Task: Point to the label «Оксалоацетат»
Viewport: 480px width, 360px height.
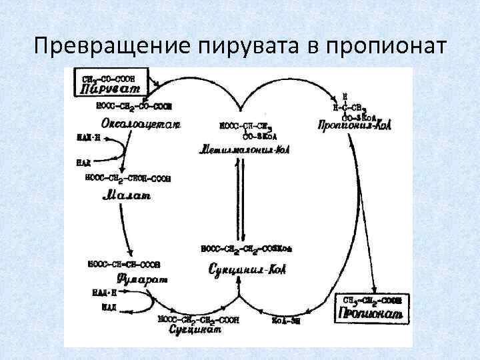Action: point(141,123)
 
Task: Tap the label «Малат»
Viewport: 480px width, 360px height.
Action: point(127,195)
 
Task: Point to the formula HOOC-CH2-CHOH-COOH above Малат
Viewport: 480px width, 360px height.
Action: point(128,178)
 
